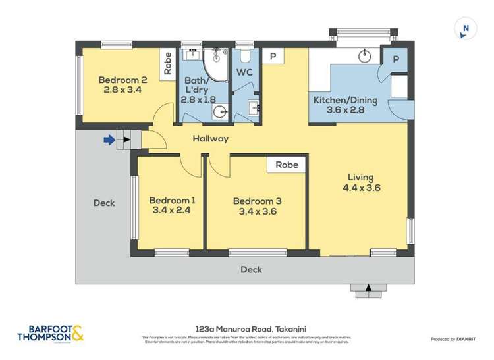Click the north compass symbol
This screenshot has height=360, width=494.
click(465, 28)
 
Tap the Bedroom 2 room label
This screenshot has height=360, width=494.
click(123, 80)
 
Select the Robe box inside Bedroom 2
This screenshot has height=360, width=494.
click(168, 63)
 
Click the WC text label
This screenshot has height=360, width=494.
click(244, 72)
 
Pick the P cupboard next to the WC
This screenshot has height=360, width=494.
click(272, 57)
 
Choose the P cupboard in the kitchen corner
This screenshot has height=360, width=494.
click(395, 59)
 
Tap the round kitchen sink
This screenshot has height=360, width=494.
click(365, 57)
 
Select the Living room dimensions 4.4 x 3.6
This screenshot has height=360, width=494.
click(361, 188)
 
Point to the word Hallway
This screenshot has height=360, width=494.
click(211, 139)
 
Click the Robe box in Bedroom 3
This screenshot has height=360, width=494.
click(287, 165)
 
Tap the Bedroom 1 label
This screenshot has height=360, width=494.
click(172, 200)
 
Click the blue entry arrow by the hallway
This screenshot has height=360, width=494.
click(109, 139)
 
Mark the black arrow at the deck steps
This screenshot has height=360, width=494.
click(368, 286)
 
